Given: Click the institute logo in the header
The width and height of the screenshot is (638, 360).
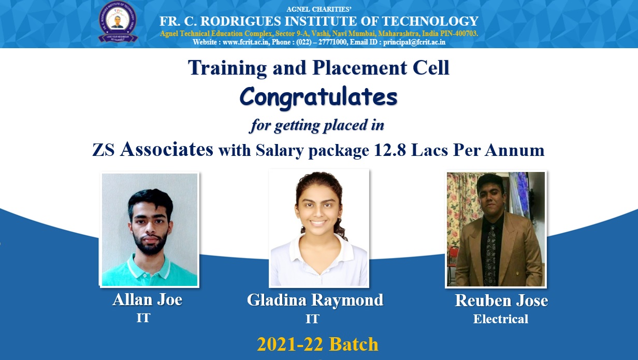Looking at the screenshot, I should coord(118,22).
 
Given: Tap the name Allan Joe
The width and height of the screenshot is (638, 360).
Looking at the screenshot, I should coord(147,300).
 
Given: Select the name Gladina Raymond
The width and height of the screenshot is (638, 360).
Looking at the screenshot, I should coord(315,300).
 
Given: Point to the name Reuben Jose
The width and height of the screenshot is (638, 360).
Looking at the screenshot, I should coord(501,300).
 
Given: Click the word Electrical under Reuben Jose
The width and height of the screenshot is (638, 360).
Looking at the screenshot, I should coord(500,319).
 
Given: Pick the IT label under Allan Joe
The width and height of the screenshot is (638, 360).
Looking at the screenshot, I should coord(143,318).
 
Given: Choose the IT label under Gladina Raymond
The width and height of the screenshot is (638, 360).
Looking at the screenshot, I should coord(312,319).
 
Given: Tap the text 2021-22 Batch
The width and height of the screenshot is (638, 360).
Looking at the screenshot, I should coord(317,344).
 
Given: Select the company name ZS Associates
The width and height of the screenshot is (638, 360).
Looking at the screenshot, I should coord(153,150).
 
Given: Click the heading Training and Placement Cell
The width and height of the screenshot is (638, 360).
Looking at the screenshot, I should coord(318,68).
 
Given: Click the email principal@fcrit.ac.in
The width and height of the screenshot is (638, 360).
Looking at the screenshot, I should coord(414,42).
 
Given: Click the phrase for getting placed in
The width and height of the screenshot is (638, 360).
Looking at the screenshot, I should coord(317,125).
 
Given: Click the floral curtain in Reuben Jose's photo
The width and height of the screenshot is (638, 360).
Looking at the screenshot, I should coord(460,207).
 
